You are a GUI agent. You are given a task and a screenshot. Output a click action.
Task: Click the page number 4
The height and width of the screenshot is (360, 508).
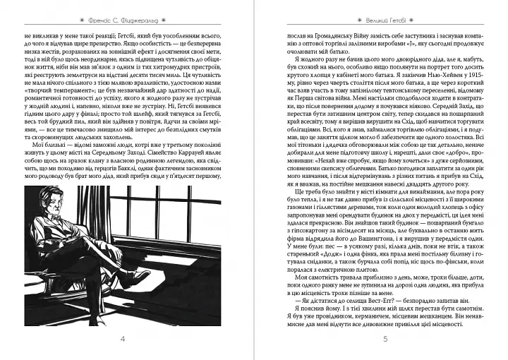(124, 340)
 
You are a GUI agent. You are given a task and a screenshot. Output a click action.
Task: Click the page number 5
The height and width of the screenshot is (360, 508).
(384, 340)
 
